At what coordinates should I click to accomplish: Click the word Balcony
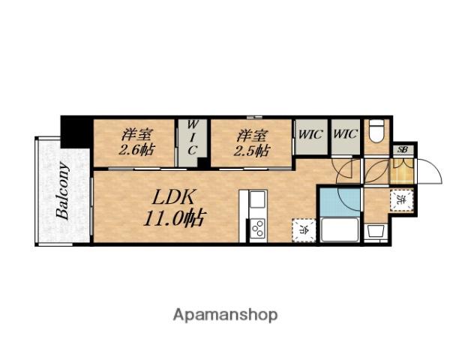[62, 190]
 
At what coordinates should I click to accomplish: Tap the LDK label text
[175, 199]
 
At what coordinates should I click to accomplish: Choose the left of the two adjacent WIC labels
[310, 135]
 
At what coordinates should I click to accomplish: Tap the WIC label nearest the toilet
[345, 135]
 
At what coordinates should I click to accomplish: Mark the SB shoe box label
[403, 150]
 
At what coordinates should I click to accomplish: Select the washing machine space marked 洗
[402, 200]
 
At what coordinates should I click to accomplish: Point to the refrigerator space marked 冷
[304, 229]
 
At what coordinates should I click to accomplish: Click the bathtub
[340, 229]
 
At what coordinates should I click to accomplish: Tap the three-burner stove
[257, 227]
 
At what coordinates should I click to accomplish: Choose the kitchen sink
[257, 201]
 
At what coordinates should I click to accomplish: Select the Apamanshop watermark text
[226, 314]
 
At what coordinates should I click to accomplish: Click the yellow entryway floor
[402, 171]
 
